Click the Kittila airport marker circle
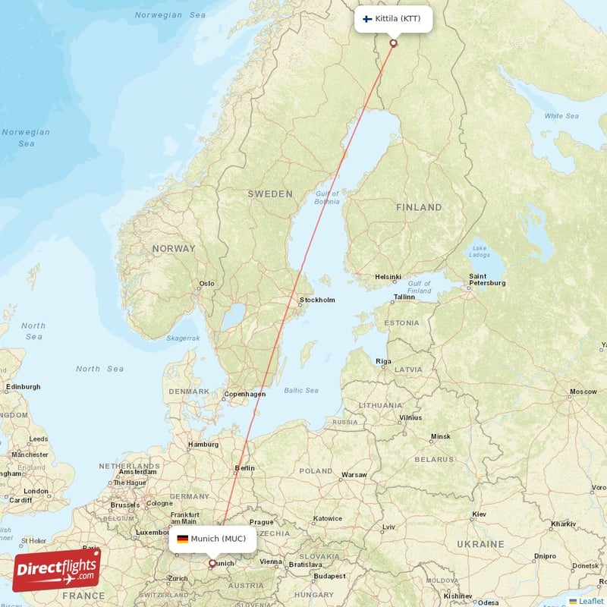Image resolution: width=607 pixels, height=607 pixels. click(393, 43)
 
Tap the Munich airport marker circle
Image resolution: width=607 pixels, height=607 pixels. click(212, 563)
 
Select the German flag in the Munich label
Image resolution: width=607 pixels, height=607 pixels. click(183, 539)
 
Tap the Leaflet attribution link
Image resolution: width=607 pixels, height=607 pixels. click(590, 601)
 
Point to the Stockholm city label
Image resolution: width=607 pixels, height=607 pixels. click(316, 300)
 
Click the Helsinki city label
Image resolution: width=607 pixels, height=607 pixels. click(388, 277)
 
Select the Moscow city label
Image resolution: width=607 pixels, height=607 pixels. click(583, 392)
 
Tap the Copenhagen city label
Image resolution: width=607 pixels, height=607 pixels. click(244, 394)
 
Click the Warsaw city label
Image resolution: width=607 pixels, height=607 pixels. click(354, 475)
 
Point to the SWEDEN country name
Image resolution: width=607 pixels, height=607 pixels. click(269, 194)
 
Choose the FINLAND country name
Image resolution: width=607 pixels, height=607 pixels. click(418, 207)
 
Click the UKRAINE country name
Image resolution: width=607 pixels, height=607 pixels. click(480, 544)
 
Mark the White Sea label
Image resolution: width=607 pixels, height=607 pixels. click(561, 116)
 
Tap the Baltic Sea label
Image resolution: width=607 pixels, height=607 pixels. click(300, 390)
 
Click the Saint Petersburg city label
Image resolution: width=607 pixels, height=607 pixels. click(487, 279)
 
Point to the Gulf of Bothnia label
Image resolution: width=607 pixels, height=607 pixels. click(327, 197)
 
